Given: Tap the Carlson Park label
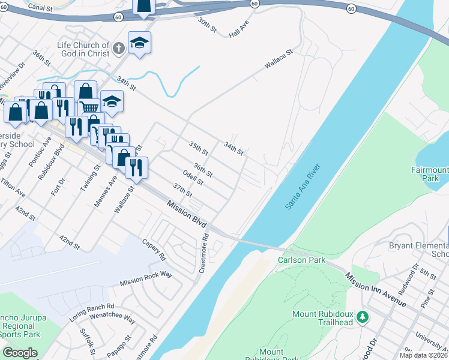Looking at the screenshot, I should tap(301, 260).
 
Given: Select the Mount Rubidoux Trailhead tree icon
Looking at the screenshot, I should tap(362, 316).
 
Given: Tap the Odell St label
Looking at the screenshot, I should tap(193, 178).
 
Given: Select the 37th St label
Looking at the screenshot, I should tap(182, 190).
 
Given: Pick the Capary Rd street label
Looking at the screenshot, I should tap(154, 249).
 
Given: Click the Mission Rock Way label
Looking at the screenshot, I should tap(146, 278).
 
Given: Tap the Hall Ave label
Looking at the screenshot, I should tap(238, 30).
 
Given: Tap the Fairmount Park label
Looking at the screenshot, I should tap(429, 174).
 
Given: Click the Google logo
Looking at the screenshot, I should tap(20, 352).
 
